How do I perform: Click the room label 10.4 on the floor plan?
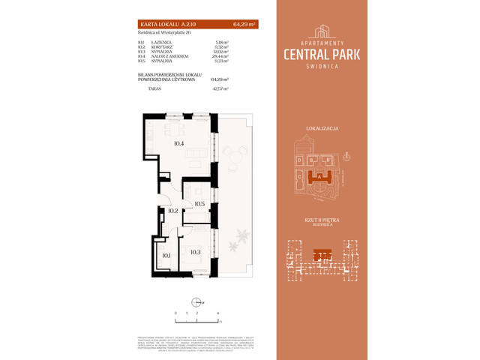(178, 142)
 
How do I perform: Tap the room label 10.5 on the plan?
(199, 203)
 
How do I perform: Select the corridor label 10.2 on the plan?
(172, 211)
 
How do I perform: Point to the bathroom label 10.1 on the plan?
(166, 256)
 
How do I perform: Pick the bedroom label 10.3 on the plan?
(195, 252)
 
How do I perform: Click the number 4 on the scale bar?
(217, 311)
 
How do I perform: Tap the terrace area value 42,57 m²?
(219, 88)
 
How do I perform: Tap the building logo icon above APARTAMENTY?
(322, 31)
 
